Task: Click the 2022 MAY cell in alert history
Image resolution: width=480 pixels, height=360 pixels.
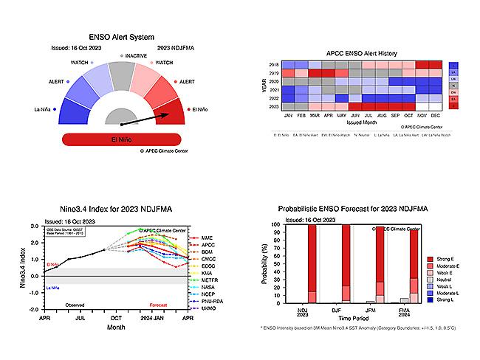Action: coord(340,99)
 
